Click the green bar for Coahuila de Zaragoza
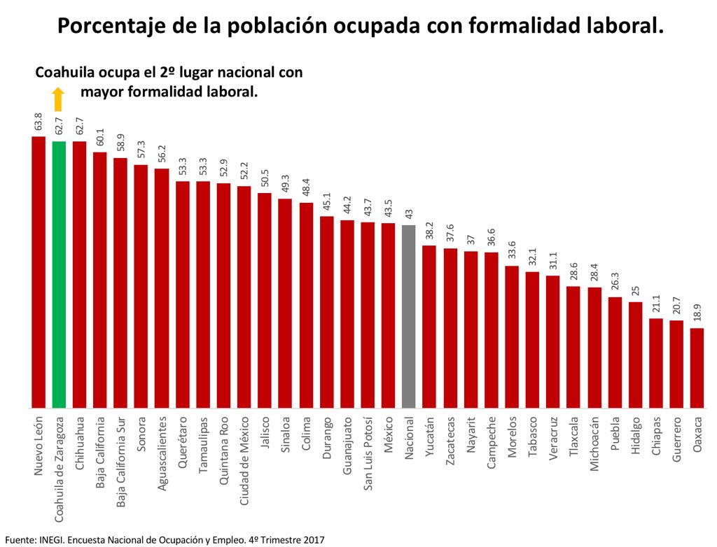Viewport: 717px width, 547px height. (59, 274)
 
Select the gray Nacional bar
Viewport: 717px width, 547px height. (409, 316)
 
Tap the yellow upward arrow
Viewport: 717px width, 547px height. (58, 99)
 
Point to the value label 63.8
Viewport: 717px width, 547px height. (39, 122)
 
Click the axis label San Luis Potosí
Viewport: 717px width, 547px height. (368, 455)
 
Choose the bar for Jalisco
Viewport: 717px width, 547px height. (265, 300)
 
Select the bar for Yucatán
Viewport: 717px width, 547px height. (429, 326)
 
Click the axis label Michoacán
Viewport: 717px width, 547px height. (594, 444)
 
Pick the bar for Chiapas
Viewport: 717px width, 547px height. (656, 363)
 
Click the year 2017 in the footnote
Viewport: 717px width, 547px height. (312, 539)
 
